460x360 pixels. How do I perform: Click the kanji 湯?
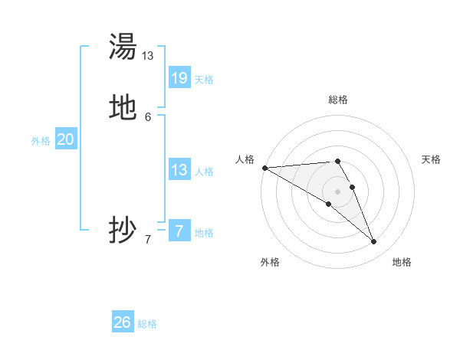point(123,47)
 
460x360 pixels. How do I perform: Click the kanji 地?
point(123,108)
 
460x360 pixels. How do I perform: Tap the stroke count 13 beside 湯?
point(148,56)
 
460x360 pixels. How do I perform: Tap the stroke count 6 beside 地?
point(148,116)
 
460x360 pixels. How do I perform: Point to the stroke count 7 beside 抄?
point(148,239)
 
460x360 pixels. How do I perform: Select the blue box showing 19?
point(179,78)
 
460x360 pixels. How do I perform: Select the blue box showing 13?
point(179,170)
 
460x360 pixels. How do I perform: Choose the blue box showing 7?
point(179,231)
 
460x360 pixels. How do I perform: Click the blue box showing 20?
point(66,139)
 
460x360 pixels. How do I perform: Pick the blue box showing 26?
point(123,322)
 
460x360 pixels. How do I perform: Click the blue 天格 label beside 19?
point(204,79)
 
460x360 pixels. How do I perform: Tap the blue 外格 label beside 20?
point(41,141)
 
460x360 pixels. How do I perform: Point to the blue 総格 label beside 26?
point(147,324)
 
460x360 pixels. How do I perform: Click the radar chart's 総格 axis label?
point(338,100)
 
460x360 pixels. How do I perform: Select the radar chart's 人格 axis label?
point(245,159)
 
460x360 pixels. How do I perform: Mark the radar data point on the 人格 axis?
point(264,168)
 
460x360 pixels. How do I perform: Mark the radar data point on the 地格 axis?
point(374,242)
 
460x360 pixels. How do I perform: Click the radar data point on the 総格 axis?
point(337,161)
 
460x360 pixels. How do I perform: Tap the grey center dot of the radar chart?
point(337,191)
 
